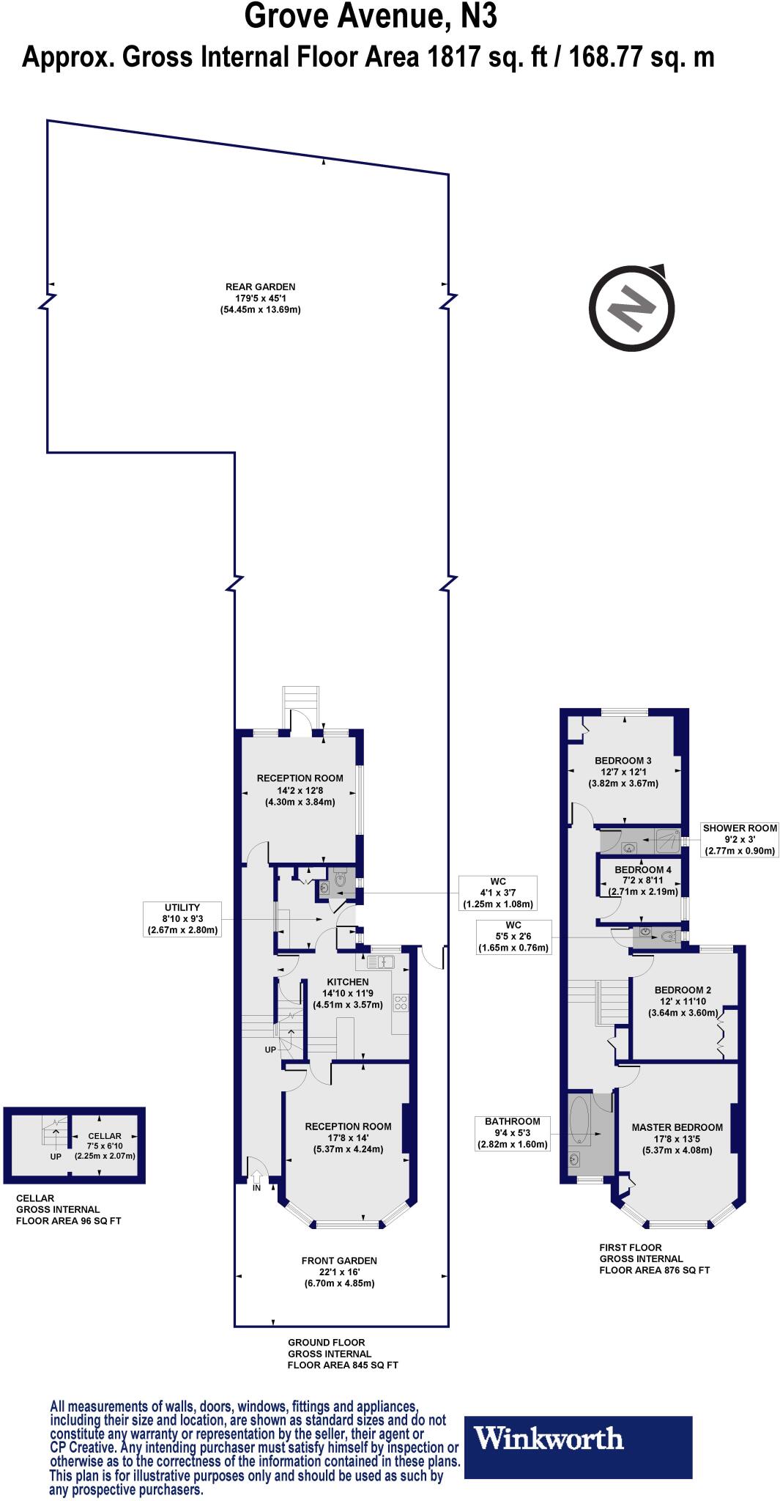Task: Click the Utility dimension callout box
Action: (x=182, y=918)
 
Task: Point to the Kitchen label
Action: (x=347, y=993)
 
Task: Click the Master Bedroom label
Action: (x=677, y=1138)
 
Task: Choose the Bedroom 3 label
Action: (x=623, y=772)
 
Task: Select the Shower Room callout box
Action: (x=740, y=839)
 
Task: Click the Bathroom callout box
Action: (x=512, y=1132)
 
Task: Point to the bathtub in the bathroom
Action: (x=579, y=1119)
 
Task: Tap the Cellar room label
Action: (x=105, y=1146)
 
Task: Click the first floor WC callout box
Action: (x=513, y=936)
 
